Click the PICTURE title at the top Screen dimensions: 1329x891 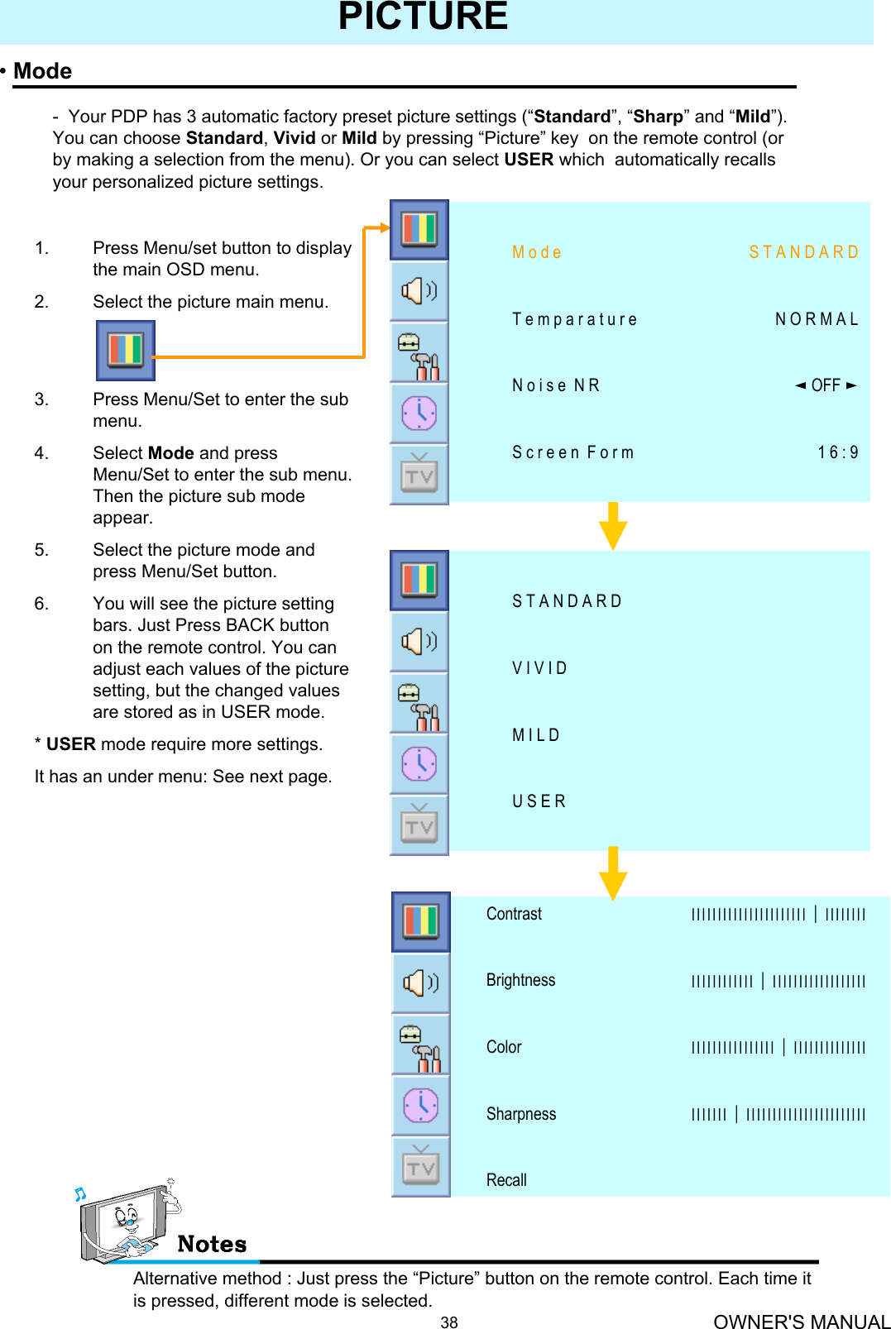(423, 17)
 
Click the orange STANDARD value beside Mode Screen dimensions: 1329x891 (803, 252)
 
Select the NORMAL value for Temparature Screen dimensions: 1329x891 (817, 319)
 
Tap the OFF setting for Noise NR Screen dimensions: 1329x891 (825, 385)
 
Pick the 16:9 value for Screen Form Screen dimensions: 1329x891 (837, 452)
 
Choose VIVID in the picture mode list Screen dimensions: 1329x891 (539, 668)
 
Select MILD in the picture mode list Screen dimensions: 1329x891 (536, 735)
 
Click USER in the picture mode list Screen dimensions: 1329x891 (539, 801)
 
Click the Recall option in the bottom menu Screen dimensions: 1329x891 (506, 1180)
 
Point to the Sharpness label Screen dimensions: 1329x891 (521, 1114)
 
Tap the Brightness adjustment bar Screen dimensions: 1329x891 (778, 982)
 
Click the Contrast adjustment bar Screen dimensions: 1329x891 (778, 915)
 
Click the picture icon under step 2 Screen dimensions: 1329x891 (126, 350)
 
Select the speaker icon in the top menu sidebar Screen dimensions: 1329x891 (419, 291)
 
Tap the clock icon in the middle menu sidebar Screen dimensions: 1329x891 (419, 763)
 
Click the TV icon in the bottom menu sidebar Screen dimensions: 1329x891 (421, 1167)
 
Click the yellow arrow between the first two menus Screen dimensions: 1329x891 (612, 526)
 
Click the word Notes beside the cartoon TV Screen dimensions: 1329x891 (212, 1244)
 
